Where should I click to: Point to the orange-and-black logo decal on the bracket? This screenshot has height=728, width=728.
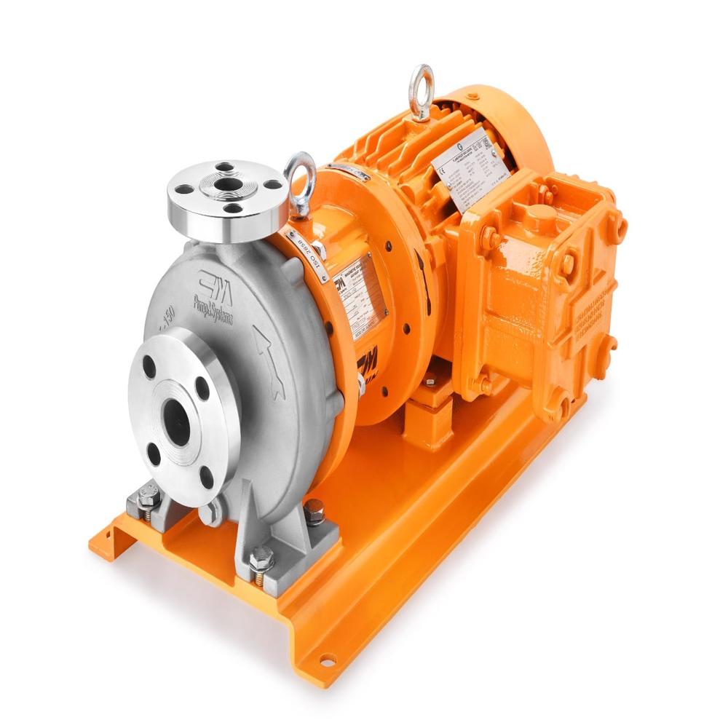tap(368, 360)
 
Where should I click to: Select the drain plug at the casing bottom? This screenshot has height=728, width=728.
tap(212, 514)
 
